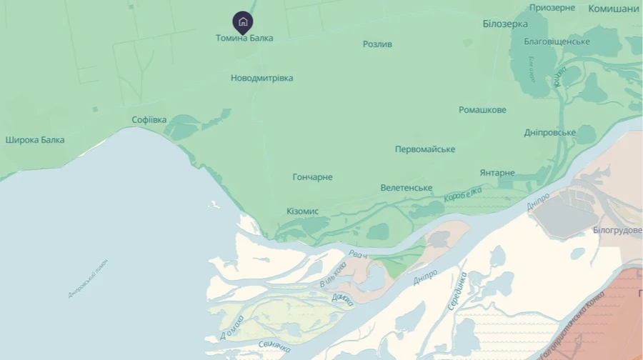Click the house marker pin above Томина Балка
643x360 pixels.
click(243, 22)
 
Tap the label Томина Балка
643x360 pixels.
click(244, 38)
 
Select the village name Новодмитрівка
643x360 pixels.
click(261, 78)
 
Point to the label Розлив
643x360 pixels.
click(377, 44)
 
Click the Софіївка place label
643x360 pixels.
click(149, 119)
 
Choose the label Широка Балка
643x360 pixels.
click(35, 140)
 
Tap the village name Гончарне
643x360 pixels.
click(312, 177)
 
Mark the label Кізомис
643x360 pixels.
click(302, 211)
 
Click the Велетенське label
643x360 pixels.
click(406, 188)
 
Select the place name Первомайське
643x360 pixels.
click(425, 149)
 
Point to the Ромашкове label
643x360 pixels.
click(482, 110)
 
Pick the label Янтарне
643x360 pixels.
click(497, 173)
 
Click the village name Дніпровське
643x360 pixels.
click(549, 133)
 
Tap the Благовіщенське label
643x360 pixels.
click(557, 41)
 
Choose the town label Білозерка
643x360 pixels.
click(505, 24)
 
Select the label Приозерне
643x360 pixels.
click(552, 8)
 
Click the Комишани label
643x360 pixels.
click(613, 9)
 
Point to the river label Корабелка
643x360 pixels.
click(463, 194)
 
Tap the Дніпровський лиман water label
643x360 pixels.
click(88, 278)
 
